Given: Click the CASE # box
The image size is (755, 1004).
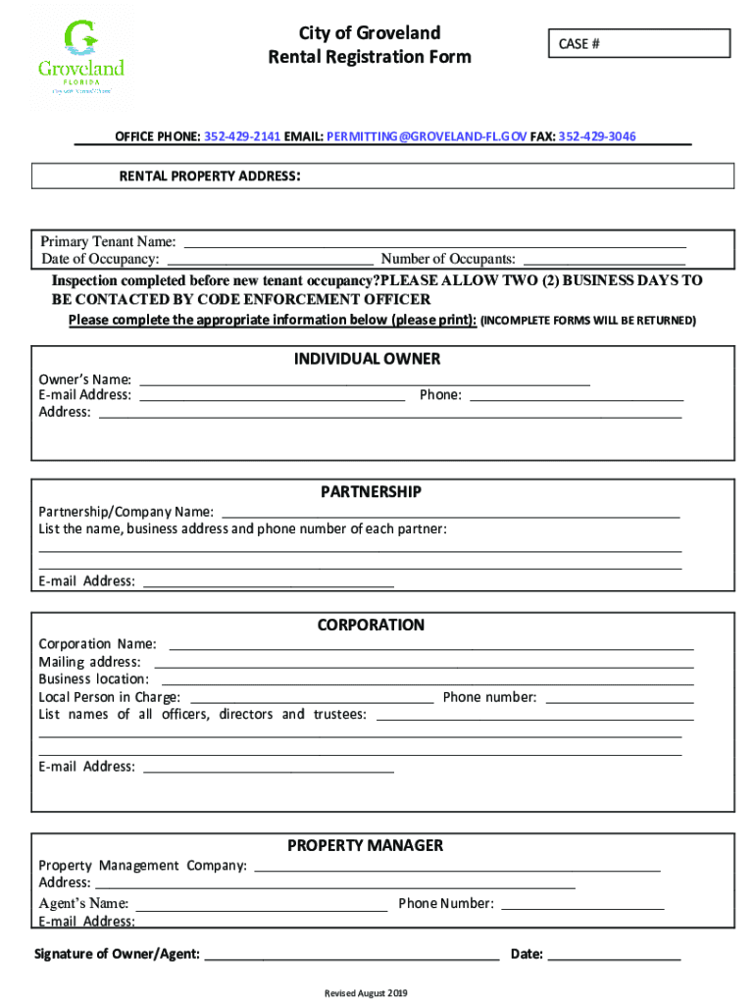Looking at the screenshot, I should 637,44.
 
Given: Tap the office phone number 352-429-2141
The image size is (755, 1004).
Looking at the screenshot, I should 241,136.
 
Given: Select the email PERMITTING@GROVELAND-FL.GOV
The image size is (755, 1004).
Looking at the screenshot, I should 427,136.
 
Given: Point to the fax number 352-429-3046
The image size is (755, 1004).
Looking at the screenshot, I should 597,136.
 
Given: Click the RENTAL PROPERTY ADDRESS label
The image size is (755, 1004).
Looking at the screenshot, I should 209,176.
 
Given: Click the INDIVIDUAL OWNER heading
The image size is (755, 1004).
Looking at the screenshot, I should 367,359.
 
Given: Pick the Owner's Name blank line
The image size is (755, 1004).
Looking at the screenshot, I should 365,380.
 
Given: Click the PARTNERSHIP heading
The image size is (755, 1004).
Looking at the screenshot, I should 371,491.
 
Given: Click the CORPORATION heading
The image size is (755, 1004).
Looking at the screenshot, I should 371,625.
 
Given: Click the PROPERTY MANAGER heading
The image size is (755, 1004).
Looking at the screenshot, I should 365,845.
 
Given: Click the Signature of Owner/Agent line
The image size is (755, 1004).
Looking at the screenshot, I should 351,955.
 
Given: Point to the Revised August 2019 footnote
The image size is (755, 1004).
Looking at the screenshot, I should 365,992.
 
